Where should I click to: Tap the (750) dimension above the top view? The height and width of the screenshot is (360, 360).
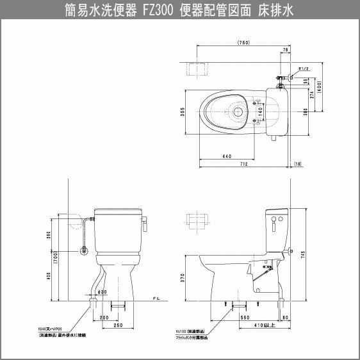243,42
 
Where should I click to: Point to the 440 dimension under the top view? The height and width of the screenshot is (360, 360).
226,157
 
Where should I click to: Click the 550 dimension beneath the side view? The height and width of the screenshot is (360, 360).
245,318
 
